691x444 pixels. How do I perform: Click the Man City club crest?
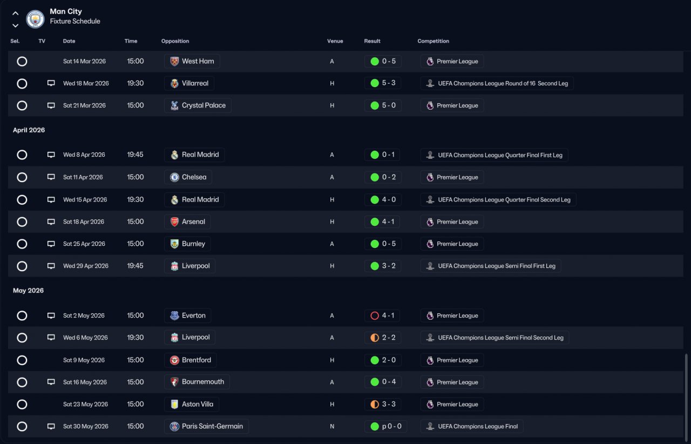tap(35, 18)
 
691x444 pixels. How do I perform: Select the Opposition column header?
tap(175, 41)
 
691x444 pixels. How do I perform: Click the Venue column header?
tap(335, 41)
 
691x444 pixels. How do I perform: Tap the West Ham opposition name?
tap(198, 61)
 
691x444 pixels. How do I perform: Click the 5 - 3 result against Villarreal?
tap(389, 83)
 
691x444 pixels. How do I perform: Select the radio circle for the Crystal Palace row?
tap(22, 105)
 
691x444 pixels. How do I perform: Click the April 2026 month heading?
tap(29, 130)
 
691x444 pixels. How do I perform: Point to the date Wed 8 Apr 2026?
tap(84, 154)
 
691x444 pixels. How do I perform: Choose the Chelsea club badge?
tap(174, 177)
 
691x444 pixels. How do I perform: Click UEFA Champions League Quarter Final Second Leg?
tap(504, 200)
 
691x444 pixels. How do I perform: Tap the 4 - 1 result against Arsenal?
tap(388, 221)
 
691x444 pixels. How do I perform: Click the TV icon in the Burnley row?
tap(51, 244)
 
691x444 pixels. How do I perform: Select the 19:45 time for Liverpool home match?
tap(135, 266)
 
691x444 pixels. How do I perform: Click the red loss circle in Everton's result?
tap(375, 315)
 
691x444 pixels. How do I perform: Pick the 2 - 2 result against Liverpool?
tap(389, 338)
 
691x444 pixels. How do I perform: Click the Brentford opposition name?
tap(196, 360)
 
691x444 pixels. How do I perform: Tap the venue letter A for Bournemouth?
tap(332, 382)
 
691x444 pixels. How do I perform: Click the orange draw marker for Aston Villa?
tap(375, 404)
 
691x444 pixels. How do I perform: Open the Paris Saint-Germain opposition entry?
tap(212, 426)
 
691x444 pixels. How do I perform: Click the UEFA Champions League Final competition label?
tap(478, 426)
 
